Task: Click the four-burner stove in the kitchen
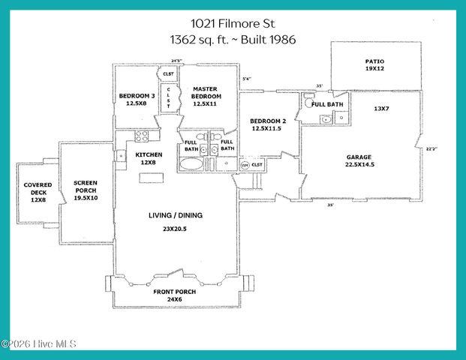point(142,136)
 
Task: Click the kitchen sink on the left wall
point(120,156)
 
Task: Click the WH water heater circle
point(245,164)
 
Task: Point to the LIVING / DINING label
point(176,215)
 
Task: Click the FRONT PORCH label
point(176,292)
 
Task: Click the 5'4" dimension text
point(247,78)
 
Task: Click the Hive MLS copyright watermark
point(38,344)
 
